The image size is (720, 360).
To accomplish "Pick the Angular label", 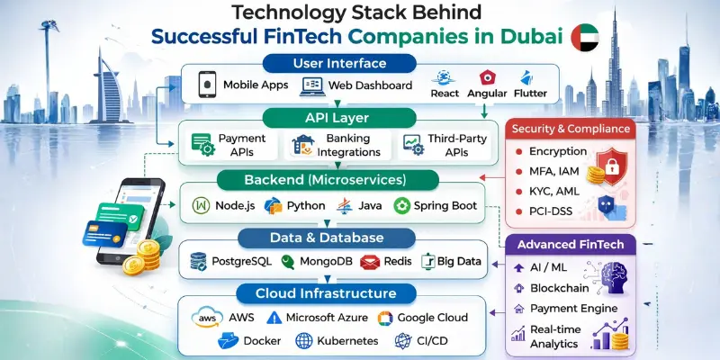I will (489, 94).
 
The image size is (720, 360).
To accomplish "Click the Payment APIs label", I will (242, 145).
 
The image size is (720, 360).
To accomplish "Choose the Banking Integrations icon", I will (301, 145).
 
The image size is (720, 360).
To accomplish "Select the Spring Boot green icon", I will (402, 205).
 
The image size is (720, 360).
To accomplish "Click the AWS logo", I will (205, 318).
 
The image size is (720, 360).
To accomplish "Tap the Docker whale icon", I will (229, 341).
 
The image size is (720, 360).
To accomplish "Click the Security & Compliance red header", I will (572, 129).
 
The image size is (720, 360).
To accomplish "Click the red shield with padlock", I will (613, 166).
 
